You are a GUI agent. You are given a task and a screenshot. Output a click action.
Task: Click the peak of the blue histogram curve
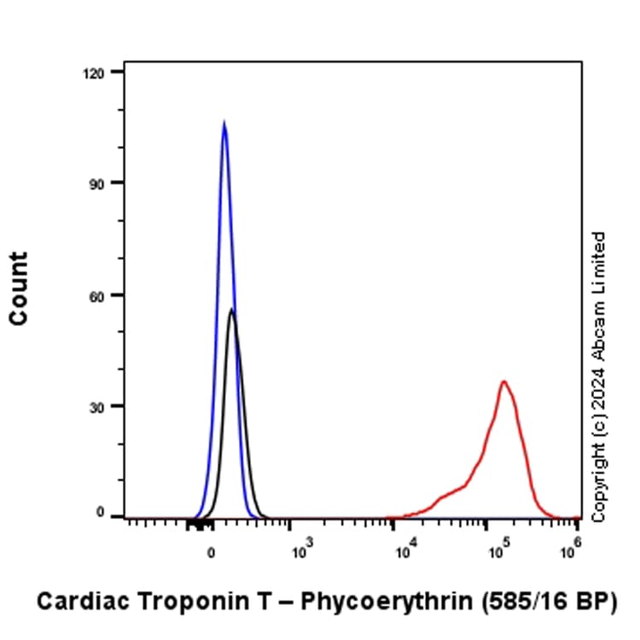pyautogui.click(x=224, y=123)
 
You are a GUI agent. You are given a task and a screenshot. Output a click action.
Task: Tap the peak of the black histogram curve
pyautogui.click(x=231, y=310)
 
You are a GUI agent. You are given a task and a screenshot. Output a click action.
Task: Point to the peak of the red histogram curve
pyautogui.click(x=503, y=381)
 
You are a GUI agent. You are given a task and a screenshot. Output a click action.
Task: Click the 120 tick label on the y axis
pyautogui.click(x=92, y=73)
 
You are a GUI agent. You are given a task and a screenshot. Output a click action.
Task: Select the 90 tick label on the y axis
pyautogui.click(x=96, y=183)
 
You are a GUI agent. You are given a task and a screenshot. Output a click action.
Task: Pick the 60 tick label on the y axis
pyautogui.click(x=96, y=295)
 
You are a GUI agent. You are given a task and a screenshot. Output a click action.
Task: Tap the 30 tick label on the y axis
pyautogui.click(x=96, y=406)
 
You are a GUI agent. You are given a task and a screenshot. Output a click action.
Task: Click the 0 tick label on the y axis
pyautogui.click(x=100, y=515)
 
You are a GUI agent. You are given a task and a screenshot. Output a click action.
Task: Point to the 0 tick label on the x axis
pyautogui.click(x=212, y=552)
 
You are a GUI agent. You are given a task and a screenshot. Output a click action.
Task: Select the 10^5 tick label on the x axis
pyautogui.click(x=498, y=550)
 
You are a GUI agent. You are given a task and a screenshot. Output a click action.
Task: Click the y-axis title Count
pyautogui.click(x=19, y=288)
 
